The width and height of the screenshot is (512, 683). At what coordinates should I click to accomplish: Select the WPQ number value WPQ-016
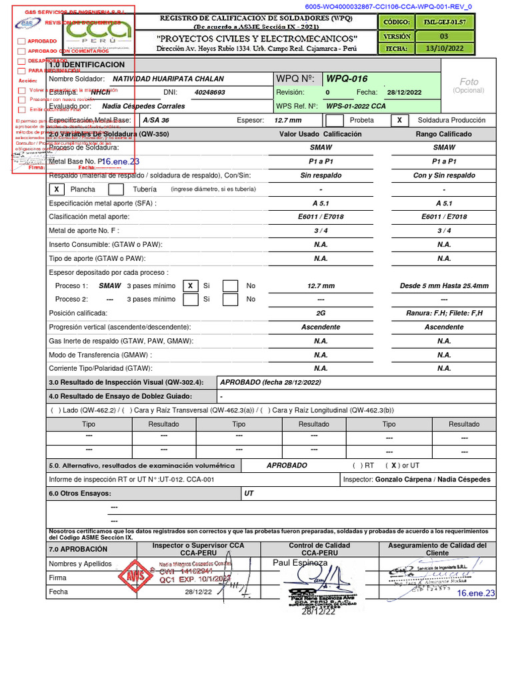coord(347,79)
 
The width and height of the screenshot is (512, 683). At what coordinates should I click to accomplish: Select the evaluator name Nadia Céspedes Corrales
coord(143,106)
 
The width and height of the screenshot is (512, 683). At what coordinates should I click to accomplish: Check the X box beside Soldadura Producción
coord(399,120)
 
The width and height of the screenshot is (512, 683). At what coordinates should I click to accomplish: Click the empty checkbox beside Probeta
coord(335,120)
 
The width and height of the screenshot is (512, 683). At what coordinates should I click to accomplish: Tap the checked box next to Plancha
coord(57,189)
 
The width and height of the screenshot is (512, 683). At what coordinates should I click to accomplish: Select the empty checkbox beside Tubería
coord(115,189)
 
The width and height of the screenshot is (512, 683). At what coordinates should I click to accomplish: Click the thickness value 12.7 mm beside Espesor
coord(287,121)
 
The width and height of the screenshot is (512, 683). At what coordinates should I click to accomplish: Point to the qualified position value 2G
coord(321,313)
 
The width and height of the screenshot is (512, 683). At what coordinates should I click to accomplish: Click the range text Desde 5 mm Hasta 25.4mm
coord(444,285)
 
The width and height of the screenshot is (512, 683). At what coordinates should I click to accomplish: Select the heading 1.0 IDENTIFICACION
coord(87,65)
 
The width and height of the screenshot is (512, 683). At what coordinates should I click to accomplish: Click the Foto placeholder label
coord(469,81)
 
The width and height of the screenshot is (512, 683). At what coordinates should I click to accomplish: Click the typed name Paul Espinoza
coord(300,563)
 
